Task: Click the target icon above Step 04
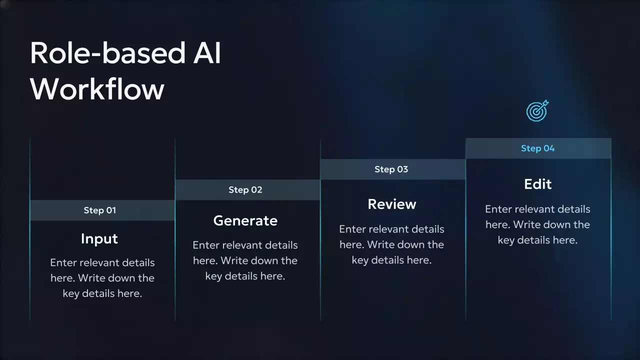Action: click(537, 110)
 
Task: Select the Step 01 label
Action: click(99, 210)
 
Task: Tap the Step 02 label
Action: click(245, 189)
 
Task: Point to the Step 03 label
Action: click(391, 169)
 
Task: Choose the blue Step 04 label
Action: click(537, 148)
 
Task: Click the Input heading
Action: click(99, 239)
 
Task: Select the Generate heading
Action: click(245, 220)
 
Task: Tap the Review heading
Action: click(391, 204)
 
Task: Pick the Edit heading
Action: click(537, 183)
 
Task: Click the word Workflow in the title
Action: click(97, 89)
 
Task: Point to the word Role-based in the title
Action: click(108, 53)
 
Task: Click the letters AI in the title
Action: click(207, 53)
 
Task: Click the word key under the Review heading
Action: click(359, 260)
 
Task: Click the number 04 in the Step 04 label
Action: click(549, 148)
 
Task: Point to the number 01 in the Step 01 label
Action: click(111, 210)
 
